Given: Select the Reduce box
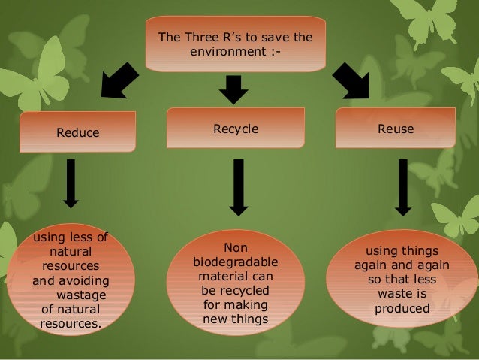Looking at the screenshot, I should pyautogui.click(x=77, y=133).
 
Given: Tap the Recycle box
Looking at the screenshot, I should pyautogui.click(x=236, y=129).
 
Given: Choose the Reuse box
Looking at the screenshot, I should pyautogui.click(x=395, y=129).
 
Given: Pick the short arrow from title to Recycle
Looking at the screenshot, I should pyautogui.click(x=233, y=89).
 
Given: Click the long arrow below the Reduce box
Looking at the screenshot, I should pyautogui.click(x=71, y=182).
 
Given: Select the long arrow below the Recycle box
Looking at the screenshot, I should pyautogui.click(x=238, y=186).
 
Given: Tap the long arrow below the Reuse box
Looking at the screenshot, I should pyautogui.click(x=402, y=186).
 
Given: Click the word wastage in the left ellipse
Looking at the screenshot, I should pyautogui.click(x=82, y=295).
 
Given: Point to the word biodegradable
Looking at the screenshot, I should pyautogui.click(x=235, y=262).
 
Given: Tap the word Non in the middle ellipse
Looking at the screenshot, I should pyautogui.click(x=235, y=247).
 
